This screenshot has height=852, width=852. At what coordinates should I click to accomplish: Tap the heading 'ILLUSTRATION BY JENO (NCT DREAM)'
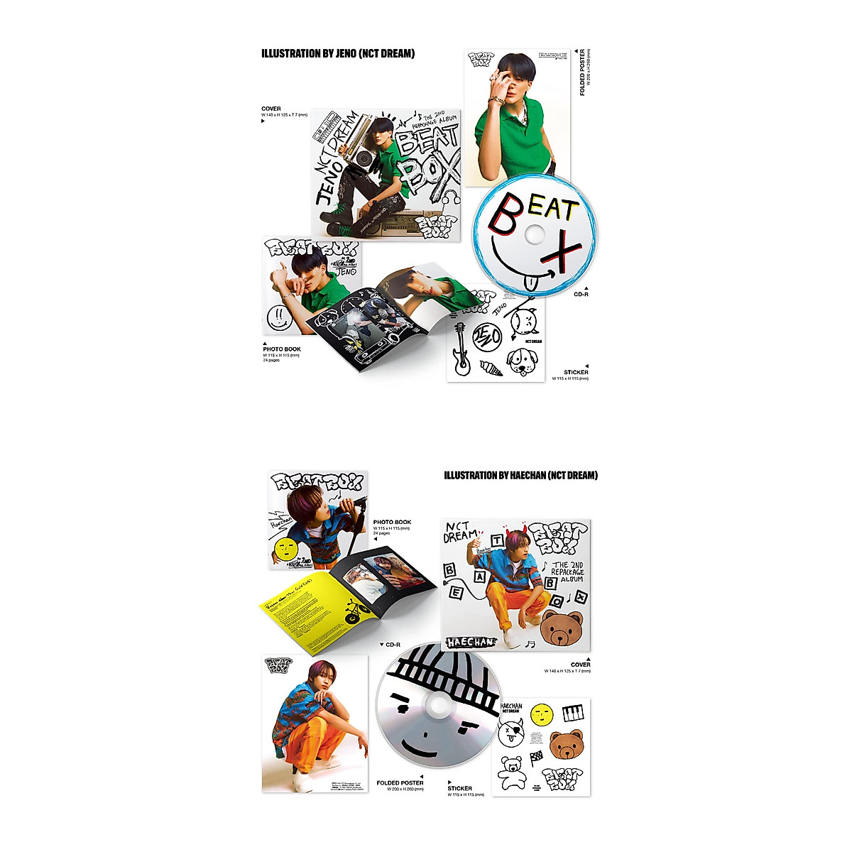click(x=338, y=53)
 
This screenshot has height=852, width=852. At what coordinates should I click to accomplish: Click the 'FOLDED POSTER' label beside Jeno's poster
click(x=583, y=72)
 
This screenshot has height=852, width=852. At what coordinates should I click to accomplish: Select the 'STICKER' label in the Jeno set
click(x=576, y=372)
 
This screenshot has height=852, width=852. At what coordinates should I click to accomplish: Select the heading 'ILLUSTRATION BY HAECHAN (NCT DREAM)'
click(x=520, y=475)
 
